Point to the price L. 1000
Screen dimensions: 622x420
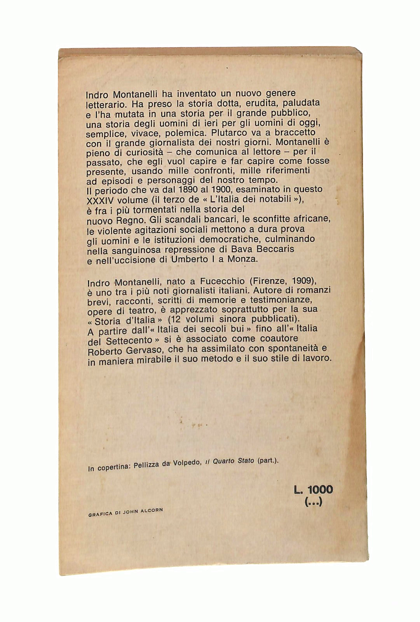(313, 489)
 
